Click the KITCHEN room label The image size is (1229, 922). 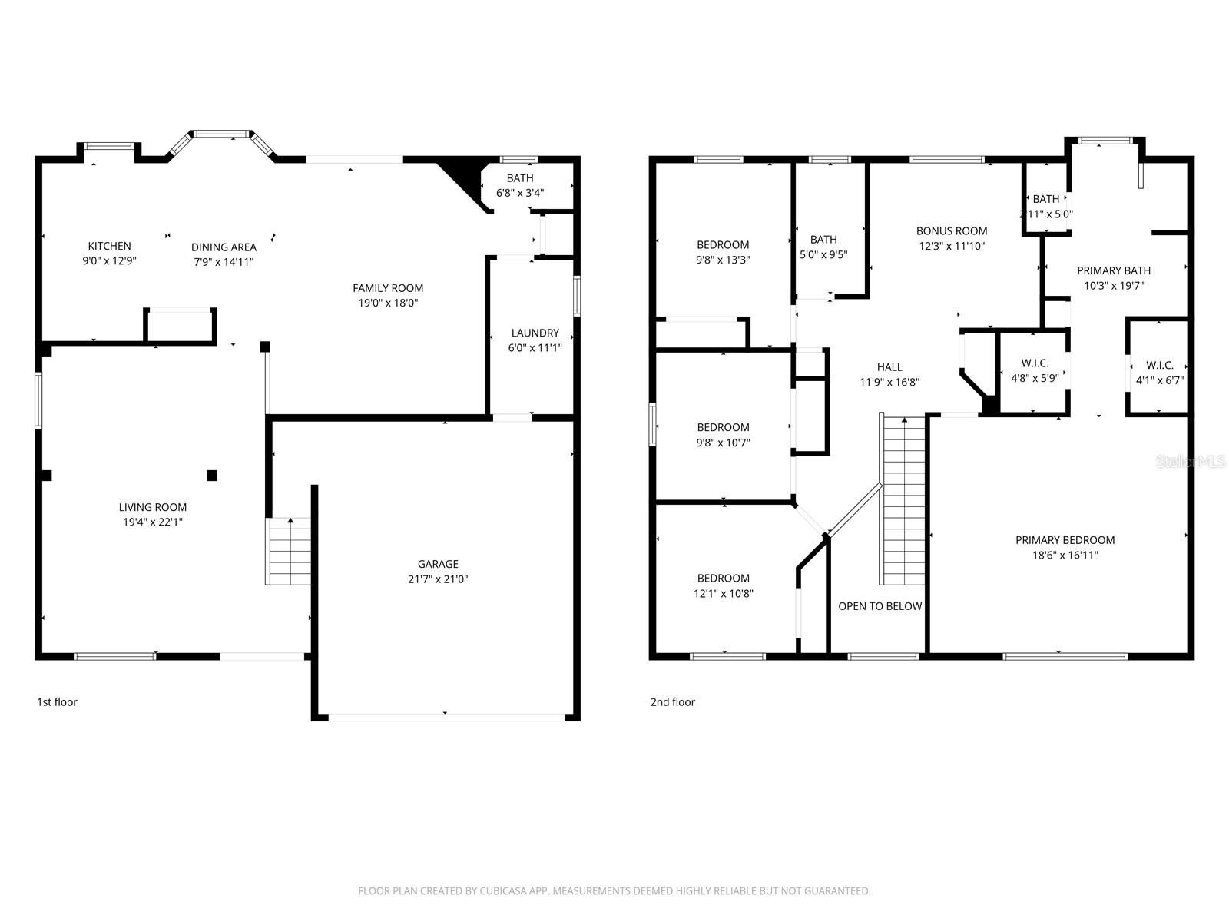(x=109, y=246)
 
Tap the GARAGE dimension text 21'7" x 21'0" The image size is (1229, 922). (x=438, y=579)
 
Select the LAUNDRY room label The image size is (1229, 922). (x=535, y=333)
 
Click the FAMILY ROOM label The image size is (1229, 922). (x=388, y=288)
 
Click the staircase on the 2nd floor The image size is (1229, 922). (x=903, y=499)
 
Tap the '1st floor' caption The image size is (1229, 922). (x=57, y=701)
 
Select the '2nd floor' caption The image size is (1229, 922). (x=672, y=701)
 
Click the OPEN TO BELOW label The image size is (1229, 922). (x=880, y=606)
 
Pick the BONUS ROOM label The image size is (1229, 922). (x=951, y=230)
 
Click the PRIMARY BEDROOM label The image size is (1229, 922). (x=1065, y=540)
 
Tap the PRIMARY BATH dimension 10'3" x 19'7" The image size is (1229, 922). (x=1114, y=285)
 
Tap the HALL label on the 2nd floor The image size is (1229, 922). (x=889, y=367)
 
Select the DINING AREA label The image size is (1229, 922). (x=224, y=247)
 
